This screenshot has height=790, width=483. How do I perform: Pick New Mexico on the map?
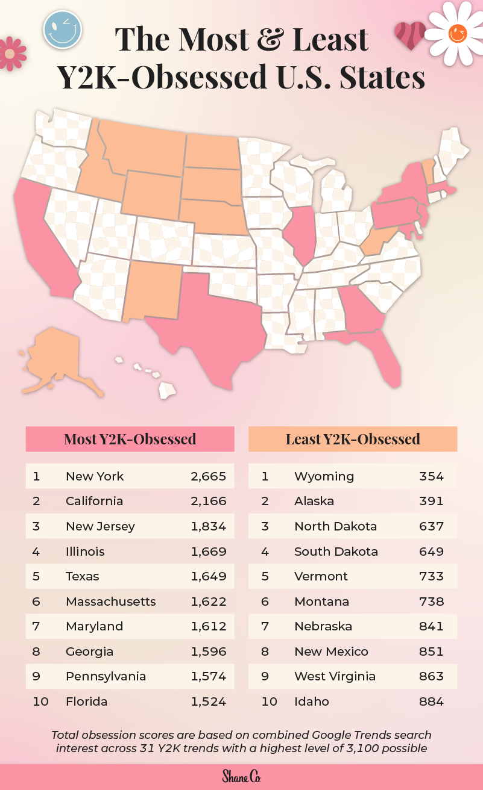(151, 289)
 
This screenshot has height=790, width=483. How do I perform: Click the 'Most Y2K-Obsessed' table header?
(130, 439)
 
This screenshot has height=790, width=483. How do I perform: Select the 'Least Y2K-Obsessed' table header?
(353, 439)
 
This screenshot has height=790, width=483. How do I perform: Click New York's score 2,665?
(208, 476)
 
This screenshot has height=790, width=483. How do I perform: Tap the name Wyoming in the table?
(324, 476)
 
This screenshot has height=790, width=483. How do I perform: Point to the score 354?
(431, 476)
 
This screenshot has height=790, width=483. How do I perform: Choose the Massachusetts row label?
(110, 602)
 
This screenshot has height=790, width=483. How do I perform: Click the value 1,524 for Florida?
(208, 701)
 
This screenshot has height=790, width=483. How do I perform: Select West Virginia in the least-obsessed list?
(335, 676)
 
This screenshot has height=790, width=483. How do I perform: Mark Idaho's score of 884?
(431, 701)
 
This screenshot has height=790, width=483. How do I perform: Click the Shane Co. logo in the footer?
(241, 776)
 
